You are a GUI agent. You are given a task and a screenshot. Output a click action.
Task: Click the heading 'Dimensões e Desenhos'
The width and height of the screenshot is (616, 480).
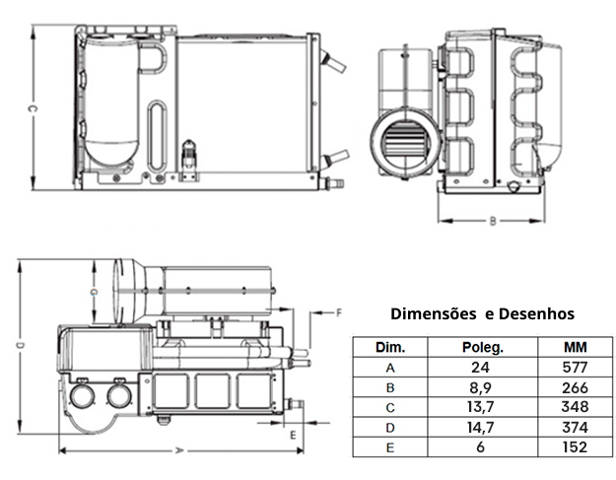point(482,314)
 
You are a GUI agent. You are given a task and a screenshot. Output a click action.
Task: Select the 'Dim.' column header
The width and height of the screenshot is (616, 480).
point(390,348)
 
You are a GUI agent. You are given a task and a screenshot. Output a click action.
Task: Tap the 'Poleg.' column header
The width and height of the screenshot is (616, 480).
point(483,348)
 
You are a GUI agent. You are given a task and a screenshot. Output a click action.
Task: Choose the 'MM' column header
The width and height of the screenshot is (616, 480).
point(575,348)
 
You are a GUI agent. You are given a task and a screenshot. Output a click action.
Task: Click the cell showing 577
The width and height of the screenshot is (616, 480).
point(575,368)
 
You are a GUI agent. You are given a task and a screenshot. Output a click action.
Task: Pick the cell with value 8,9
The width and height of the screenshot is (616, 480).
point(483,387)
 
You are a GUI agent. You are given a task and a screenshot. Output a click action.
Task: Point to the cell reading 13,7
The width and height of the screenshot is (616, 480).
point(483,407)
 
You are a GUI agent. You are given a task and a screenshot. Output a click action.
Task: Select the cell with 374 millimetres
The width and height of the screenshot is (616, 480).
point(575,427)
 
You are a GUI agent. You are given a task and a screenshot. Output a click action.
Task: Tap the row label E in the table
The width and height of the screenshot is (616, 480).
point(390,446)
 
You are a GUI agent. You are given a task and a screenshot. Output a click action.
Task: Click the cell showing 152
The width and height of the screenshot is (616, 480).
point(575,446)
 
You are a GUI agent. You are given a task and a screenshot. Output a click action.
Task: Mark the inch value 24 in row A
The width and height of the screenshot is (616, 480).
point(483,368)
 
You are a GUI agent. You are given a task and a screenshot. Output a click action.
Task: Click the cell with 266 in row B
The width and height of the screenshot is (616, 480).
point(575,387)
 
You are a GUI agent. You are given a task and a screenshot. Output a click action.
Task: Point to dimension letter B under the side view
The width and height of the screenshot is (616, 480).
point(492,222)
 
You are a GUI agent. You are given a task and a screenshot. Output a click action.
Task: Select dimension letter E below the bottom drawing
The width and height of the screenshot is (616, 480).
point(293,433)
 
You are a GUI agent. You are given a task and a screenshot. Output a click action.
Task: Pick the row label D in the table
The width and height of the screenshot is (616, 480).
point(390,427)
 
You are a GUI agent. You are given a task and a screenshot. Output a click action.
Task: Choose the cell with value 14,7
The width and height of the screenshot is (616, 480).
point(483,427)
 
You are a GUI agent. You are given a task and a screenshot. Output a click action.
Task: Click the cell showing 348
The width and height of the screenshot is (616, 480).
point(575,407)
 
